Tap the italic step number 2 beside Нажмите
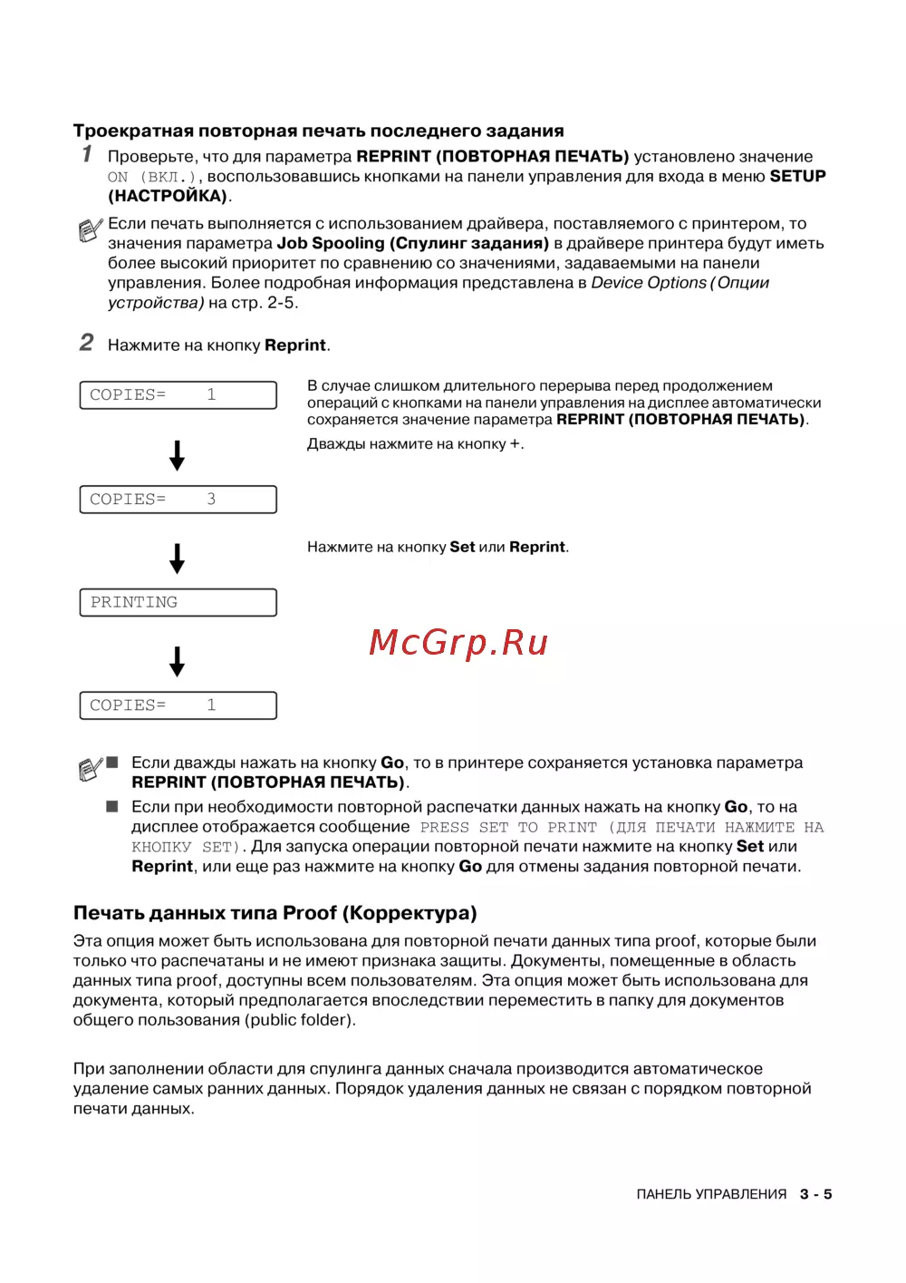86,342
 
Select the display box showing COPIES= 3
178,500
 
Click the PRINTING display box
178,603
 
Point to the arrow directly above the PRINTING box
178,559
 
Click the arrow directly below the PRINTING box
178,662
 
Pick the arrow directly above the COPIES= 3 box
178,455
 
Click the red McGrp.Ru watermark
458,642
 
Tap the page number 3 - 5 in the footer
815,1194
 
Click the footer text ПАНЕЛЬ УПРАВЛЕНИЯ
711,1194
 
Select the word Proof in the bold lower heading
310,913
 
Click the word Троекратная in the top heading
133,131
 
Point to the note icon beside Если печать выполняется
90,230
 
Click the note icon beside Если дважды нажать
90,770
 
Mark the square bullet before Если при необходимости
112,806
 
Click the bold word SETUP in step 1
797,176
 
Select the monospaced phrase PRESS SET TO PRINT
508,827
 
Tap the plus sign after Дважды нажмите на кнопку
516,444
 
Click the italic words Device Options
648,283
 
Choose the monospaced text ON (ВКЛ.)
151,178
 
